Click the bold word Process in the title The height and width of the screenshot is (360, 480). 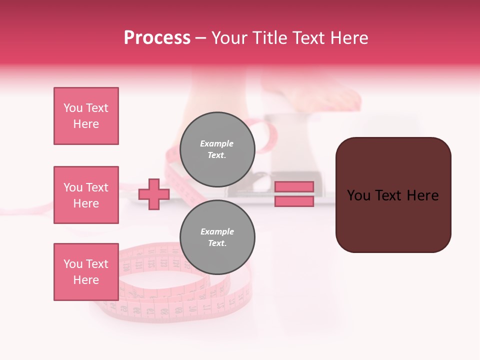click(157, 38)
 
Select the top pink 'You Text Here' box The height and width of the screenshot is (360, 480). click(86, 116)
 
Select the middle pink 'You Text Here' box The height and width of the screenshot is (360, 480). click(86, 195)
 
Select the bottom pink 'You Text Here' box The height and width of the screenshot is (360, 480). click(86, 272)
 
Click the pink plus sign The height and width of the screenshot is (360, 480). click(154, 194)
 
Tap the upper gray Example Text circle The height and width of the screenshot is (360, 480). click(217, 149)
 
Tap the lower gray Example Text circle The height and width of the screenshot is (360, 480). click(217, 237)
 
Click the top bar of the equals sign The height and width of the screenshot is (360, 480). click(294, 186)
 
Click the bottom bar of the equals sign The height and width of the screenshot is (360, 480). click(294, 201)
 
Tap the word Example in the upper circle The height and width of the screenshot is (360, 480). click(217, 143)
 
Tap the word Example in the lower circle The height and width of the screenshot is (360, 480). click(217, 231)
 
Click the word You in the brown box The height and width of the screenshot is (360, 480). click(359, 195)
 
